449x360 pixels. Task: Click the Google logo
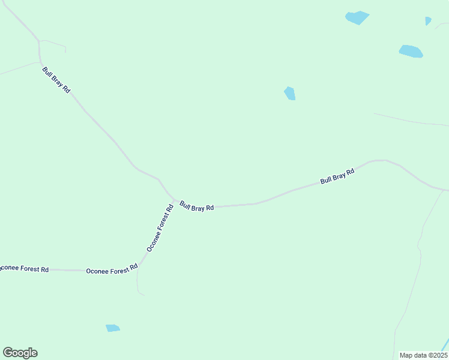click(x=20, y=353)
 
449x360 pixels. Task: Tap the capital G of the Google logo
click(x=8, y=353)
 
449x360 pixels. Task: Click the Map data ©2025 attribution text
click(x=424, y=355)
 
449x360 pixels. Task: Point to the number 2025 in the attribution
click(x=439, y=355)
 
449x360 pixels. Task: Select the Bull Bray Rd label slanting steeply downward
click(x=56, y=80)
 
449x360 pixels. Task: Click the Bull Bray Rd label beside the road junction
click(x=197, y=206)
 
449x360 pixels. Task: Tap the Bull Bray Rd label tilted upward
click(x=337, y=176)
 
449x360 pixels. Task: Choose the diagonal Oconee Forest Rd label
click(x=160, y=228)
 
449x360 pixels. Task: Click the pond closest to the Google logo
click(x=112, y=328)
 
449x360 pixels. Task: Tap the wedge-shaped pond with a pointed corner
click(x=357, y=17)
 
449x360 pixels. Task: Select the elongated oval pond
click(x=411, y=52)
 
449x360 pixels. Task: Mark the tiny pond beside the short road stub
click(x=428, y=21)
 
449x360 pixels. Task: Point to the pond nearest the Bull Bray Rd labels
click(x=290, y=94)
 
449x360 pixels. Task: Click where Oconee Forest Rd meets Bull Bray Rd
click(x=175, y=200)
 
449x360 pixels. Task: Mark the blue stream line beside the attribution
click(x=445, y=345)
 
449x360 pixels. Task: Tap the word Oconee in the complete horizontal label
click(x=96, y=271)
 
